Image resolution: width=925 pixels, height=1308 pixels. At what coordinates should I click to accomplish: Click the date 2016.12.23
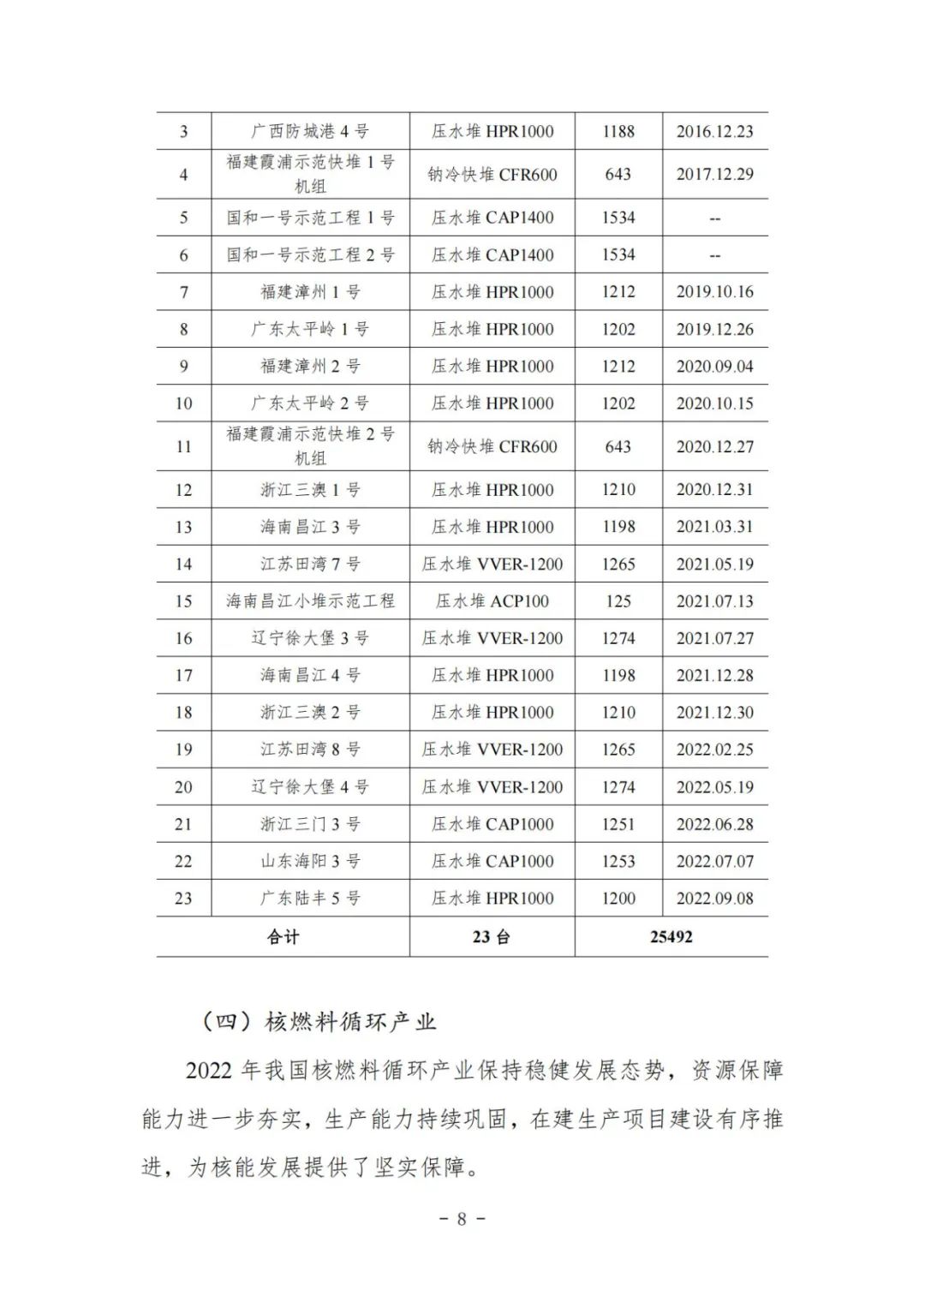pyautogui.click(x=714, y=131)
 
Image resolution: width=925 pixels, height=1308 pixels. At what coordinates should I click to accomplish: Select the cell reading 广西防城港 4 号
pyautogui.click(x=310, y=131)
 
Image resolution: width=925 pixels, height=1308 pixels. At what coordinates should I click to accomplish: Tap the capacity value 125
pyautogui.click(x=618, y=601)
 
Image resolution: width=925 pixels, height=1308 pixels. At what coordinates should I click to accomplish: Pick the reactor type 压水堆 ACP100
pyautogui.click(x=492, y=601)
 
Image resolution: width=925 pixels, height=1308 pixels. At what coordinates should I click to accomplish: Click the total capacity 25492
pyautogui.click(x=671, y=936)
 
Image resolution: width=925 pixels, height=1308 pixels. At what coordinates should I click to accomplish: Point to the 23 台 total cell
pyautogui.click(x=492, y=936)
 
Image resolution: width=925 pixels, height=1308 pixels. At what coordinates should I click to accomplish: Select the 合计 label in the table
pyautogui.click(x=283, y=936)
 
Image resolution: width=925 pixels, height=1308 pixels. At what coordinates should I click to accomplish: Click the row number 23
pyautogui.click(x=183, y=899)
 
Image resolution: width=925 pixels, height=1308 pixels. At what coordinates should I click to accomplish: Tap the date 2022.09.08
pyautogui.click(x=714, y=899)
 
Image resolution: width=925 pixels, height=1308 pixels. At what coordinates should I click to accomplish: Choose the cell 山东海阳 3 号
pyautogui.click(x=310, y=862)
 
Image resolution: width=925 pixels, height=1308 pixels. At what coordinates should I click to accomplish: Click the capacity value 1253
pyautogui.click(x=618, y=862)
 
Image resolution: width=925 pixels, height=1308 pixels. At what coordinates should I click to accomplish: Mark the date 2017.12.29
pyautogui.click(x=714, y=175)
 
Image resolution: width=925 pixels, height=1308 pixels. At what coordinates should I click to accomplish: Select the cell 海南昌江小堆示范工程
pyautogui.click(x=310, y=601)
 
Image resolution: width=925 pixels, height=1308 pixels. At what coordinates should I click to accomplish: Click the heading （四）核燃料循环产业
pyautogui.click(x=318, y=1021)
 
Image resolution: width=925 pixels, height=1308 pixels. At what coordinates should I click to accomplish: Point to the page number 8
pyautogui.click(x=462, y=1219)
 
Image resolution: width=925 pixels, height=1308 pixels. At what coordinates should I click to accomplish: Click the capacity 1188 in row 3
pyautogui.click(x=618, y=131)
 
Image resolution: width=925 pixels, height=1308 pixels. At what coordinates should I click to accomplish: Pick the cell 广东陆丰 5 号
pyautogui.click(x=310, y=899)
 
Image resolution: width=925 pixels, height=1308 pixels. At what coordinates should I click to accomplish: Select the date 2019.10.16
pyautogui.click(x=714, y=292)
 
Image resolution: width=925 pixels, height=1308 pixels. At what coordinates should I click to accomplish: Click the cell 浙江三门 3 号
pyautogui.click(x=310, y=824)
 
